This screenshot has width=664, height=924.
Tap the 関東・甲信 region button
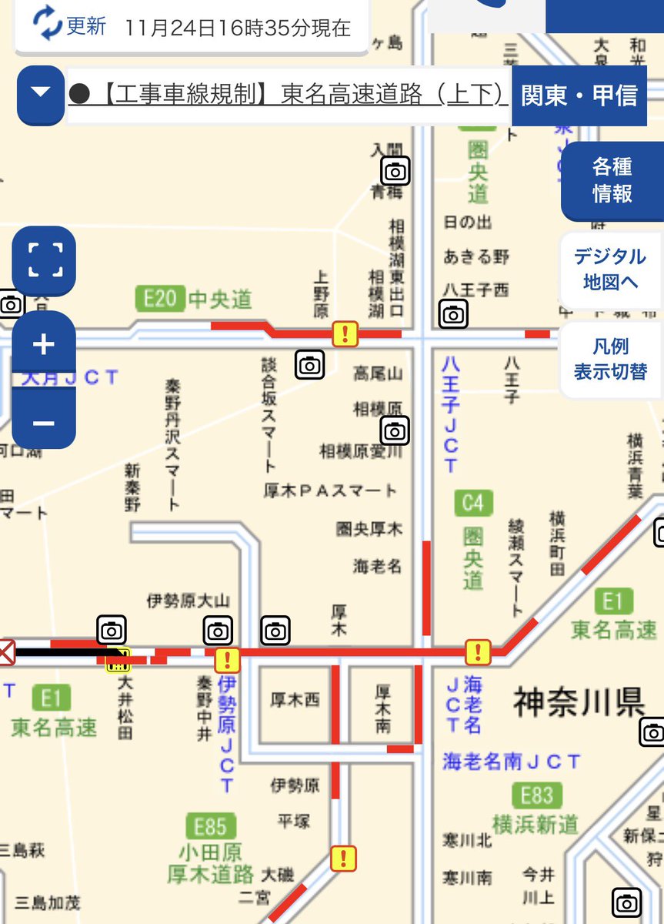coord(579,95)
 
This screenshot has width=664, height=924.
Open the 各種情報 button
coord(612,180)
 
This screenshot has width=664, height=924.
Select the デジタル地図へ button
coord(609,269)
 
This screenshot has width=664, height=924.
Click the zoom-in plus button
coord(44,344)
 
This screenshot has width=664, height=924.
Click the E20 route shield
coord(159,298)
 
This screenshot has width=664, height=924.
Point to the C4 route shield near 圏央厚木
coord(472,504)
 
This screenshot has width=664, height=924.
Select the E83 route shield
coord(536,795)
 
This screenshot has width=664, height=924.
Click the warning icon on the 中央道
coord(345,333)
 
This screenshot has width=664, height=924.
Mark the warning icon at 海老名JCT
coord(478,652)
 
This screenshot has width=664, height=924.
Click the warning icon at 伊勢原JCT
coord(227,659)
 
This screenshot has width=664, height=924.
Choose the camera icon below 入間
coord(395,171)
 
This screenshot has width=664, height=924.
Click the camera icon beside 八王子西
coord(453,313)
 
